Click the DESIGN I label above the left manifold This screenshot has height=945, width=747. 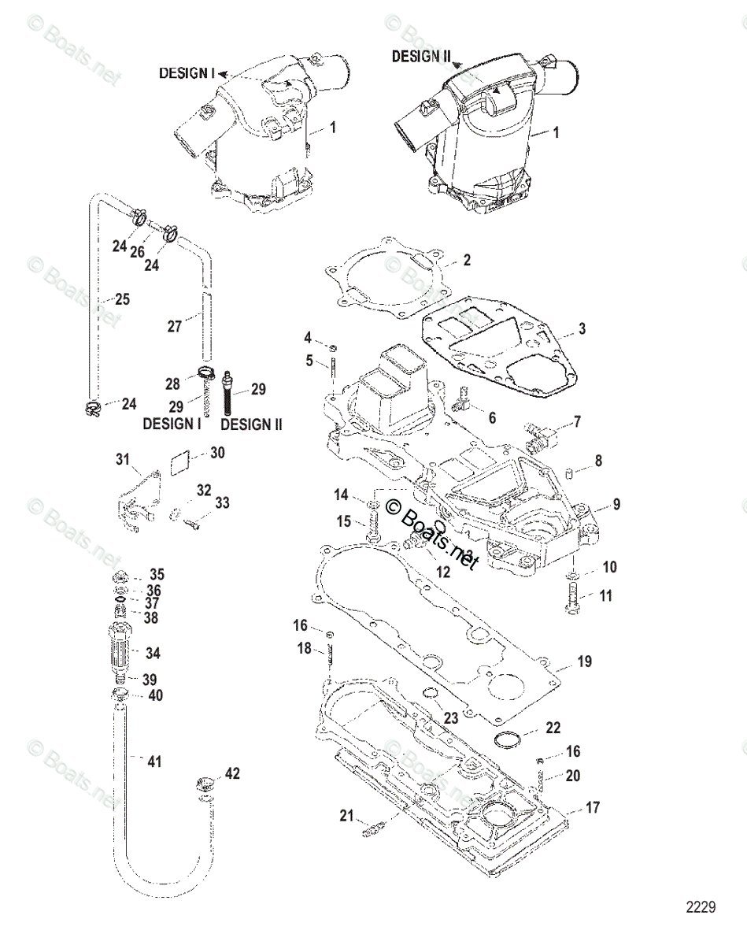pos(187,72)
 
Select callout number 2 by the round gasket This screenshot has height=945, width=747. pos(467,261)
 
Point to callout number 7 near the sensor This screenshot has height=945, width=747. pos(577,422)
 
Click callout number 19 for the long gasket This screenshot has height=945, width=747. pos(583,661)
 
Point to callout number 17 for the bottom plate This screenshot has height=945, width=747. pos(592,808)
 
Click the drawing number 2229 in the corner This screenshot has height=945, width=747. pos(700,907)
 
